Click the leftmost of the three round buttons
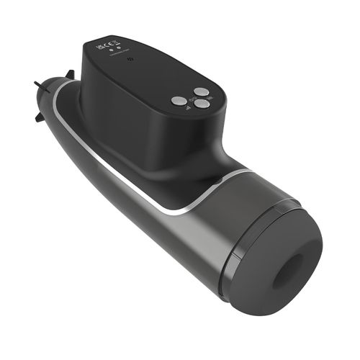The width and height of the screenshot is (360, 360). (177, 101)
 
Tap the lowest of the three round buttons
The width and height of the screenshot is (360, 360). (202, 104)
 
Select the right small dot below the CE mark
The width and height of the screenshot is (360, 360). (118, 50)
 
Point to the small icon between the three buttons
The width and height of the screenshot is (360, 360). (192, 98)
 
